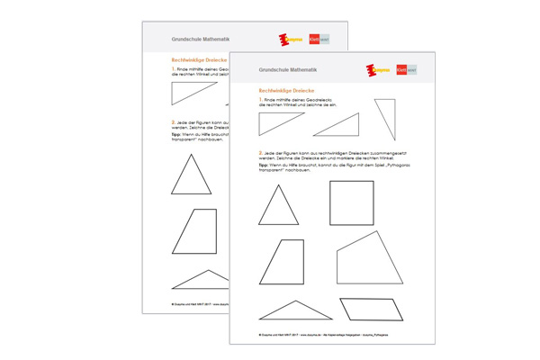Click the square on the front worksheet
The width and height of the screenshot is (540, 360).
point(351,203)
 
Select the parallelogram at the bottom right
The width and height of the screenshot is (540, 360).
point(370,309)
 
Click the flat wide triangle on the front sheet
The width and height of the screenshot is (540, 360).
point(295,310)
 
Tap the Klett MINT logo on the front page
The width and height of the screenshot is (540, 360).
point(407,69)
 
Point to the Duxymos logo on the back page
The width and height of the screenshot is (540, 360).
point(290,40)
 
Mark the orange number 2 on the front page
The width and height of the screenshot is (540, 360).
point(260,153)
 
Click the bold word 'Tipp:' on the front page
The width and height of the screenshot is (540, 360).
point(264,166)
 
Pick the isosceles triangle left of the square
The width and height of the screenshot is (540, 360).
point(278,207)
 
